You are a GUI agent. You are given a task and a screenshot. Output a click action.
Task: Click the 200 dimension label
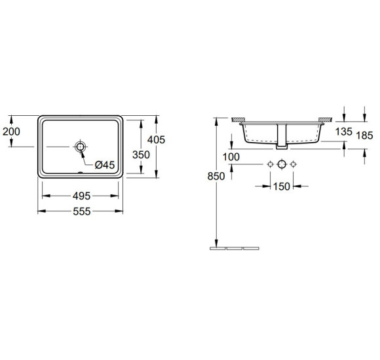pyautogui.click(x=11, y=132)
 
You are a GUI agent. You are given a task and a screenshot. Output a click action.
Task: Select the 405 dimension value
pyautogui.click(x=155, y=139)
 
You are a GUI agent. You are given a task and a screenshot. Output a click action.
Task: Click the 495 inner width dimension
pyautogui.click(x=81, y=196)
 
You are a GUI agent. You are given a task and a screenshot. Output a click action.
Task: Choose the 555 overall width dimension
pyautogui.click(x=81, y=211)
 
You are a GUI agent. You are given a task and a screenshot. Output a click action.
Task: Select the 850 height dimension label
pyautogui.click(x=217, y=175)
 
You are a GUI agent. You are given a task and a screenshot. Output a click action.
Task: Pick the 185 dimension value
pyautogui.click(x=364, y=136)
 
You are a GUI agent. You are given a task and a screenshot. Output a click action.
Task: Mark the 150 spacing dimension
pyautogui.click(x=281, y=187)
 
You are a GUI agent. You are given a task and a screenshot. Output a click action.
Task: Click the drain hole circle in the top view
pyautogui.click(x=81, y=147)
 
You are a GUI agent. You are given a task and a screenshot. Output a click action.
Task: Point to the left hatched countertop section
pyautogui.click(x=238, y=120)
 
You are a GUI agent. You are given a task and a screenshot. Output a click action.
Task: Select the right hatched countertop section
pyautogui.click(x=326, y=120)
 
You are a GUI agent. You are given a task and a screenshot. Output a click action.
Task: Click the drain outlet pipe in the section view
pyautogui.click(x=281, y=136)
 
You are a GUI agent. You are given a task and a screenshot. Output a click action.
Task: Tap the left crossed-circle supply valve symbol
pyautogui.click(x=269, y=164)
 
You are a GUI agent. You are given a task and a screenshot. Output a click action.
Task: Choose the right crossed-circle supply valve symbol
pyautogui.click(x=293, y=164)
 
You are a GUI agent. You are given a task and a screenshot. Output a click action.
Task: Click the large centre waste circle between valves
pyautogui.click(x=281, y=164)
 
